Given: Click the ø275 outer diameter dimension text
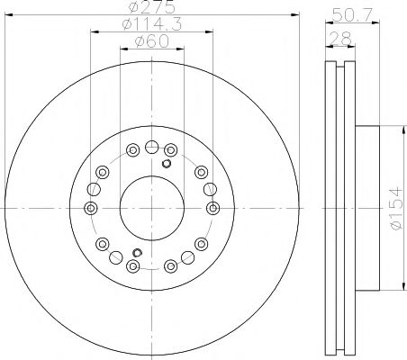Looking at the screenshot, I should pos(151,8).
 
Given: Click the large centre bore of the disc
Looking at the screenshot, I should pos(151,208).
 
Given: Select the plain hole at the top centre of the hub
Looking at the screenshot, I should pos(151,146).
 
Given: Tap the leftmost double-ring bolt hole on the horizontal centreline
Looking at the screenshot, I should pos(89,208).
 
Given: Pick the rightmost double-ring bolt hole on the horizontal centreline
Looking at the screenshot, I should pos(213,208).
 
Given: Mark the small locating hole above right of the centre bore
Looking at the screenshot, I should pos(167,164).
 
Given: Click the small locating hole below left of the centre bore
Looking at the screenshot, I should pos(135,252).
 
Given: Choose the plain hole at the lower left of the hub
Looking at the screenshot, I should pos(102,245).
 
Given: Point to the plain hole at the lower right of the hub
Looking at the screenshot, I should pos(200,245).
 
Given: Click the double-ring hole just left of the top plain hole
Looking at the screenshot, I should pos(132,149).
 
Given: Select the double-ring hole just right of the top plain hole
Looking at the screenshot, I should pos(170,149).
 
